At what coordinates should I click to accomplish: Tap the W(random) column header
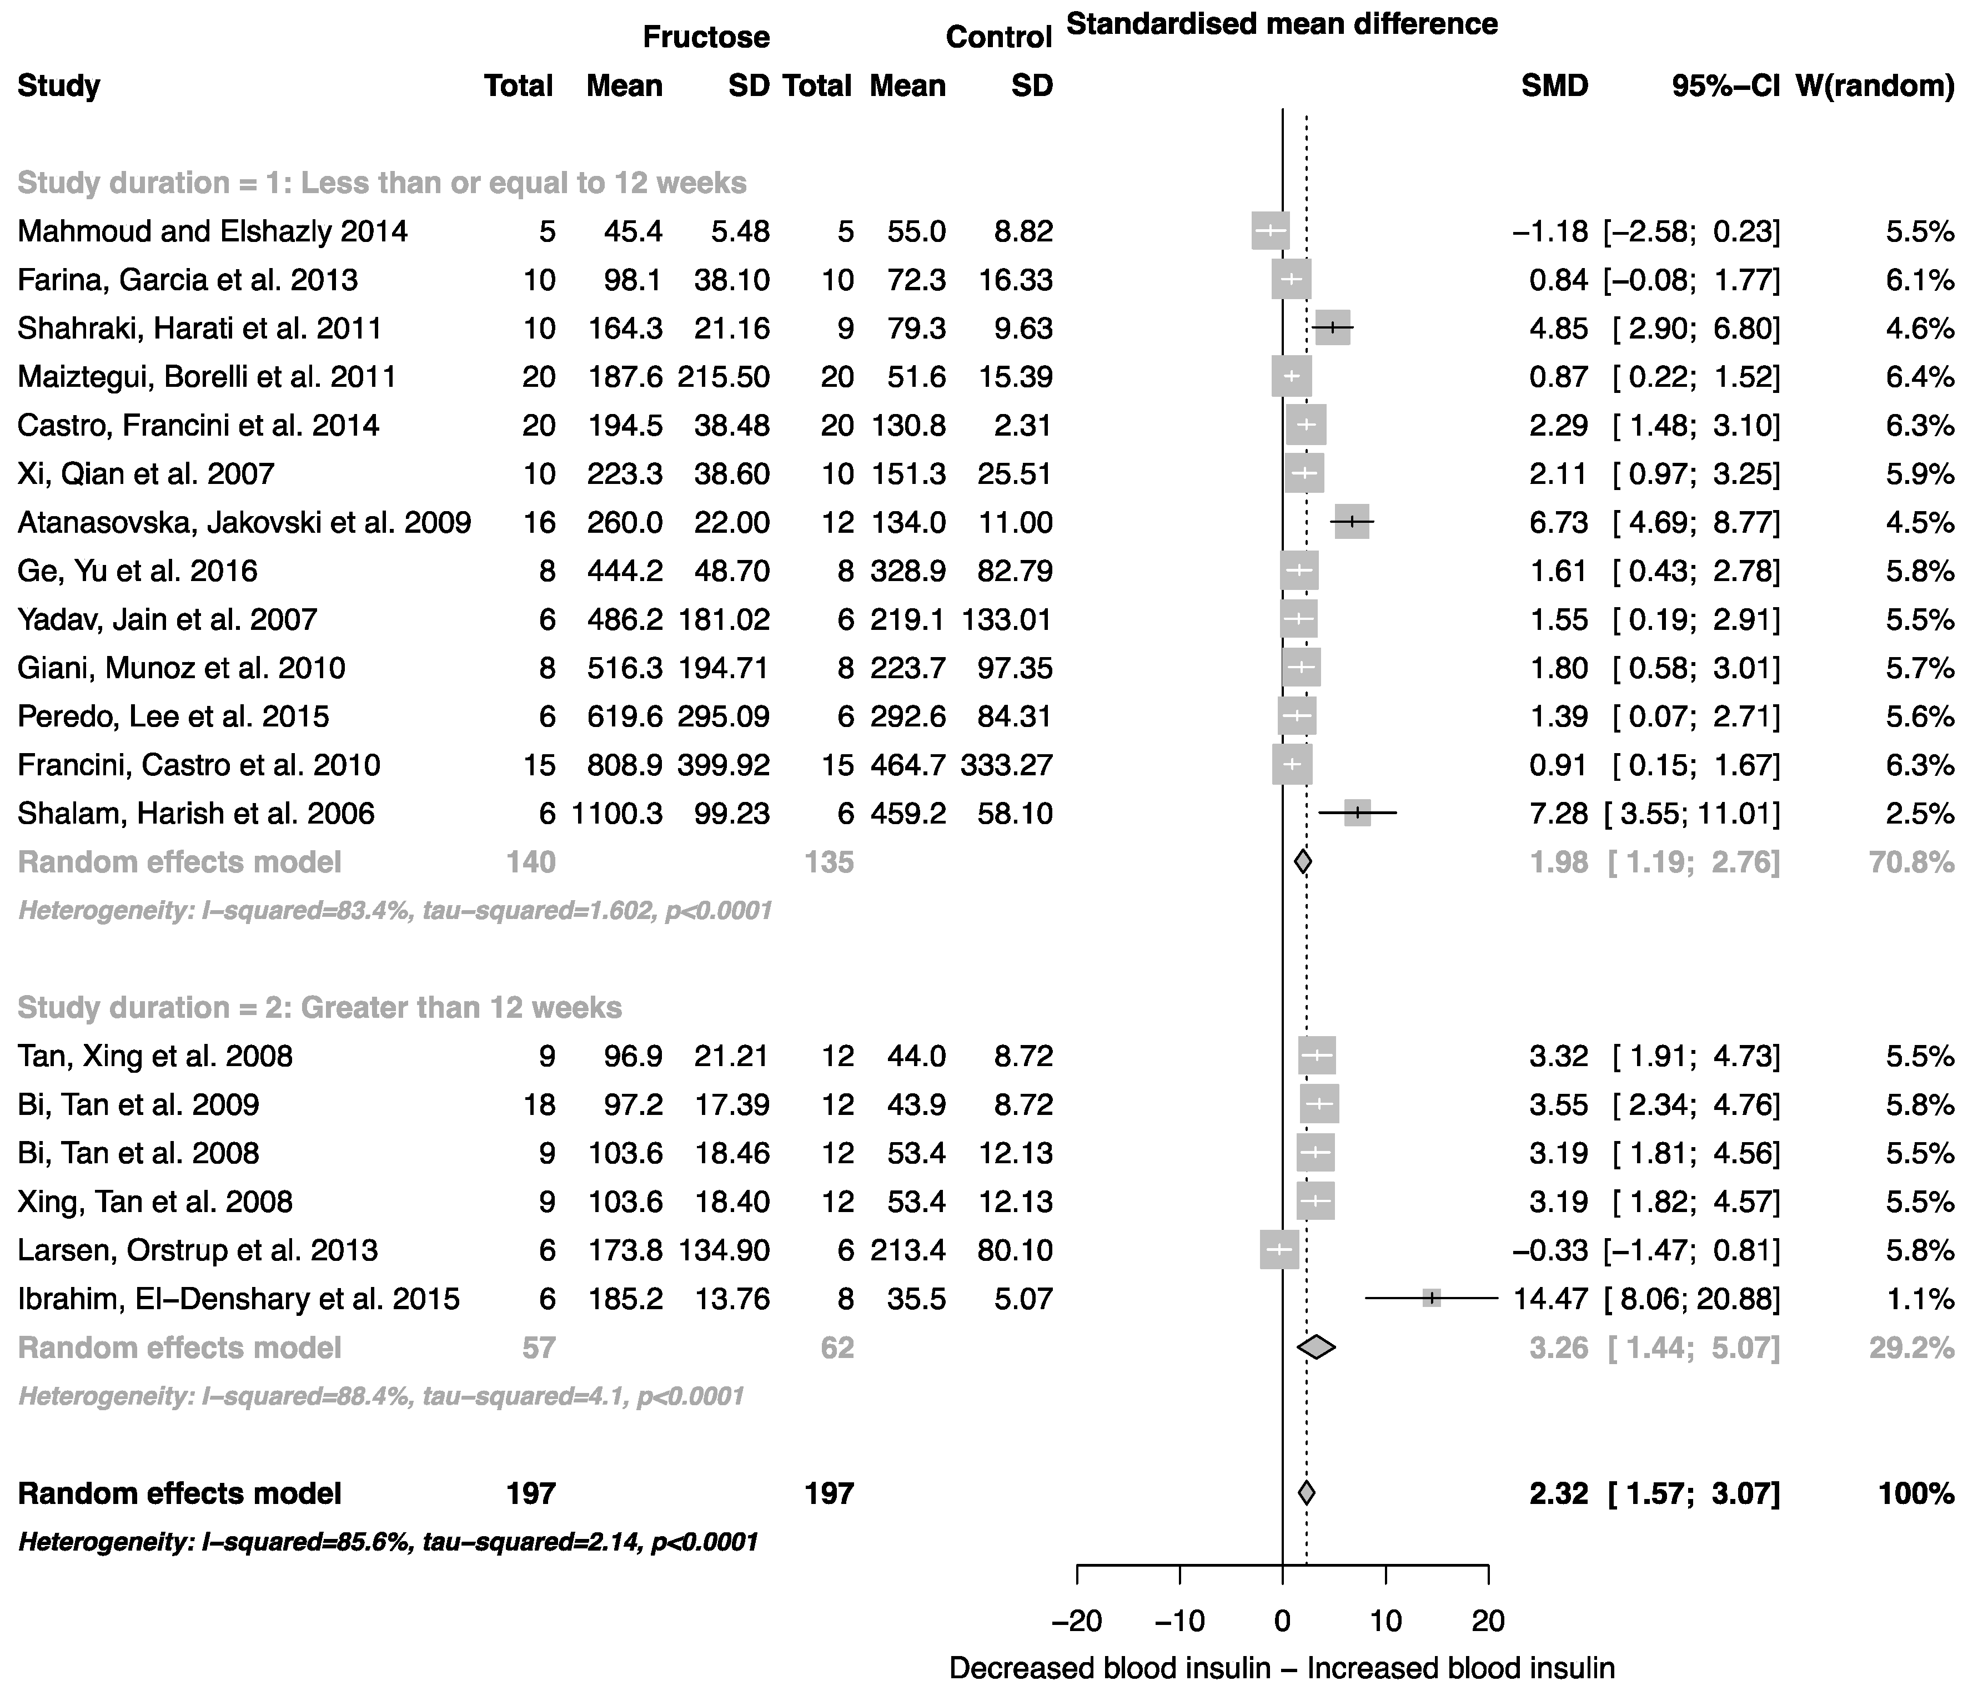point(1875,85)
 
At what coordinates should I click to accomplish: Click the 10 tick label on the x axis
point(1386,1620)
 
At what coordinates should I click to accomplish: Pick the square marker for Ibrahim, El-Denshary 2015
point(1432,1298)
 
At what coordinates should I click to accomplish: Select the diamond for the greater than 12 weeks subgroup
point(1317,1347)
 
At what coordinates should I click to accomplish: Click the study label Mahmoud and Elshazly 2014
point(213,231)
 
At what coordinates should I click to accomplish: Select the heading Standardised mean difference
point(1282,24)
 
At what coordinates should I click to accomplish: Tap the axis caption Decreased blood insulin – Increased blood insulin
point(1282,1668)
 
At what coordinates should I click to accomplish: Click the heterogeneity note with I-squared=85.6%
point(388,1542)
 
